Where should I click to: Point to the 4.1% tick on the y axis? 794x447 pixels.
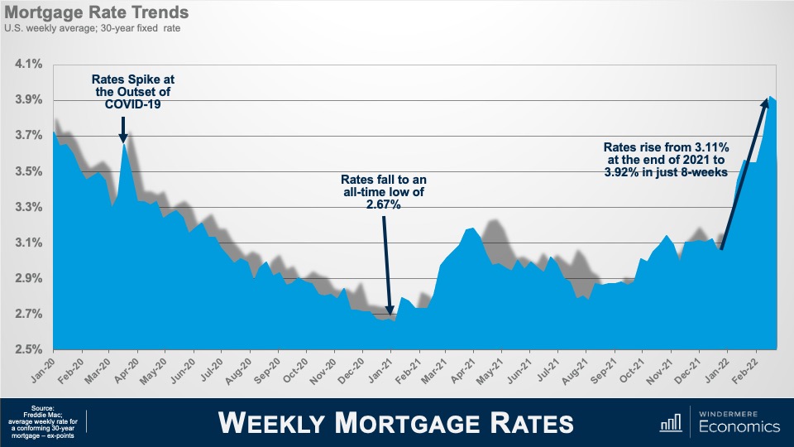point(29,64)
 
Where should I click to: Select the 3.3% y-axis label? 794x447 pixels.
point(29,207)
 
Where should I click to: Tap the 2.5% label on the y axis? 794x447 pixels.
point(29,349)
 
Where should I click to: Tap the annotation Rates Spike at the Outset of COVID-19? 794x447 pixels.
point(132,92)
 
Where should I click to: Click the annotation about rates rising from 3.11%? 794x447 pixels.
point(670,159)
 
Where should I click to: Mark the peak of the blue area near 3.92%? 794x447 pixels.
point(771,98)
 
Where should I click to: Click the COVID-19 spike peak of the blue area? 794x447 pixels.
point(123,146)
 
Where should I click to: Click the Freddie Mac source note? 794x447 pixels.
point(43,421)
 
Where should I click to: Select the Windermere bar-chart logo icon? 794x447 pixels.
point(671,421)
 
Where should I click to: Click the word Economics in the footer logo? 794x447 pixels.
point(739,427)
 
